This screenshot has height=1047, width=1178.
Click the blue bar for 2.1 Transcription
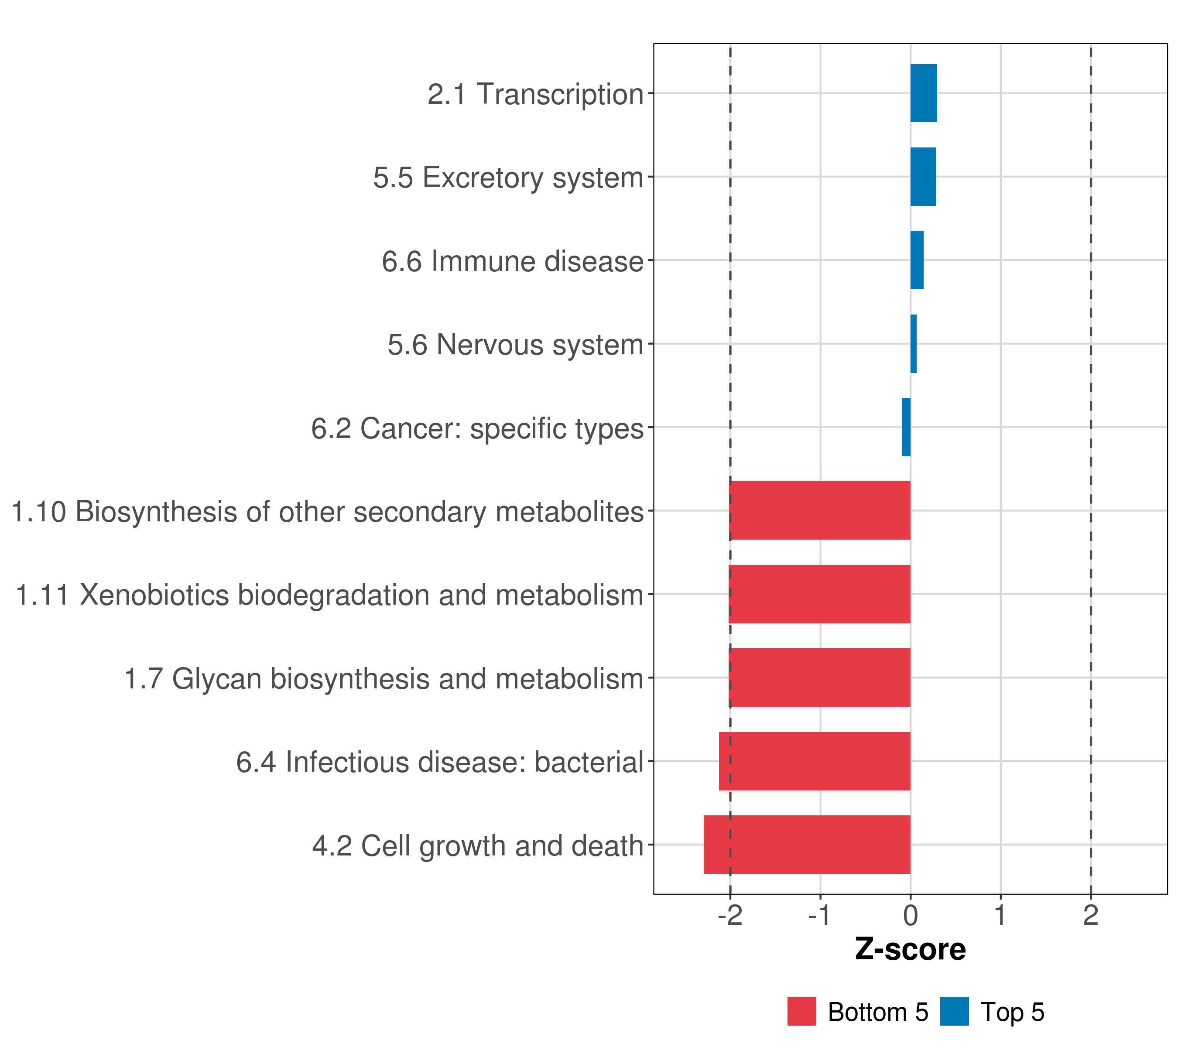(923, 93)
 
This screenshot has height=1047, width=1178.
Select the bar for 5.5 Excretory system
(923, 176)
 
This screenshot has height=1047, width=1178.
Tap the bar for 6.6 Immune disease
(917, 260)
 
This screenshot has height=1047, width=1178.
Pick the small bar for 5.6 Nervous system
(914, 343)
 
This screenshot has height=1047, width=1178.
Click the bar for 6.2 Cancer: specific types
(906, 427)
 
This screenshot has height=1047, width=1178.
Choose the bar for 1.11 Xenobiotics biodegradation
(819, 594)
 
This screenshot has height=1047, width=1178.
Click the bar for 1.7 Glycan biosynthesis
(819, 677)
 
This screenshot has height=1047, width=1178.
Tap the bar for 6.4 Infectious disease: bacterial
(815, 761)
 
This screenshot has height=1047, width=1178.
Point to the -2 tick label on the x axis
(730, 916)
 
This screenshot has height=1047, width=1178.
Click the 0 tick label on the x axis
(911, 916)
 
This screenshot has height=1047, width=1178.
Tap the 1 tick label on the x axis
(1000, 916)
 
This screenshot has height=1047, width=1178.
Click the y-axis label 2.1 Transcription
(535, 94)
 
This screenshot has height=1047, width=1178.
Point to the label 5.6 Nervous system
(515, 345)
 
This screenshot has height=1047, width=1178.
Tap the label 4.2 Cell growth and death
(478, 846)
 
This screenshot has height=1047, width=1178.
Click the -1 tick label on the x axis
(820, 916)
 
